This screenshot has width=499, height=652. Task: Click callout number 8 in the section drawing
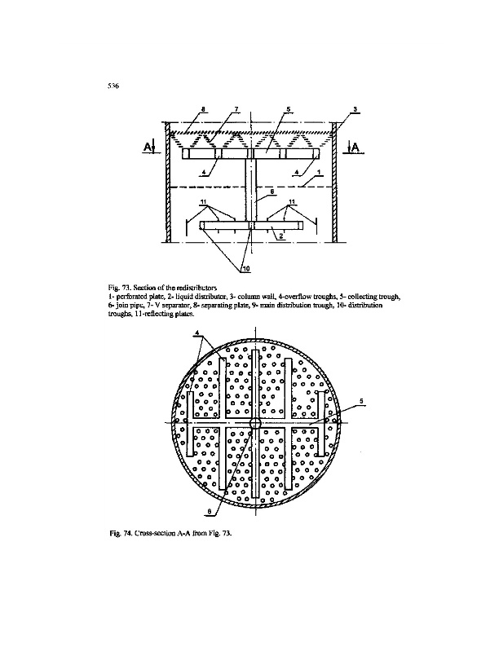point(204,109)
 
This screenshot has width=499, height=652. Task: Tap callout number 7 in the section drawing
point(236,109)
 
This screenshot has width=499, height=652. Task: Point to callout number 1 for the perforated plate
point(318,171)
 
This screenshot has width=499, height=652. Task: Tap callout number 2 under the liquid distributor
point(280,235)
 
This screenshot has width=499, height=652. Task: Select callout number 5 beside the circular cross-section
point(362,400)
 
